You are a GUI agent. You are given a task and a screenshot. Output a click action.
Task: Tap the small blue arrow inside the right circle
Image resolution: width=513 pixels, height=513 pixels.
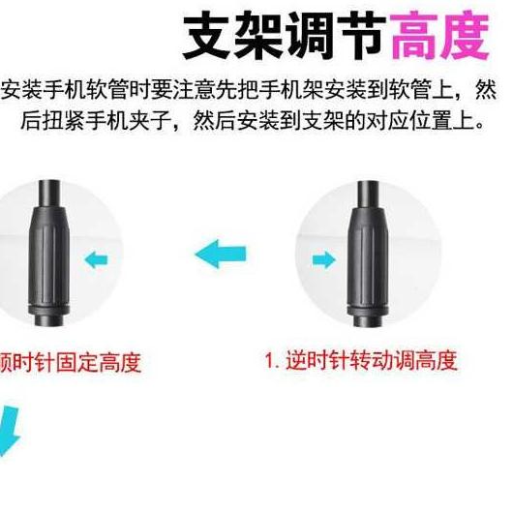pos(323,259)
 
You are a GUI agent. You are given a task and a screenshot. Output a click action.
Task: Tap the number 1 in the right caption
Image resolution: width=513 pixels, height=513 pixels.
pos(270,361)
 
